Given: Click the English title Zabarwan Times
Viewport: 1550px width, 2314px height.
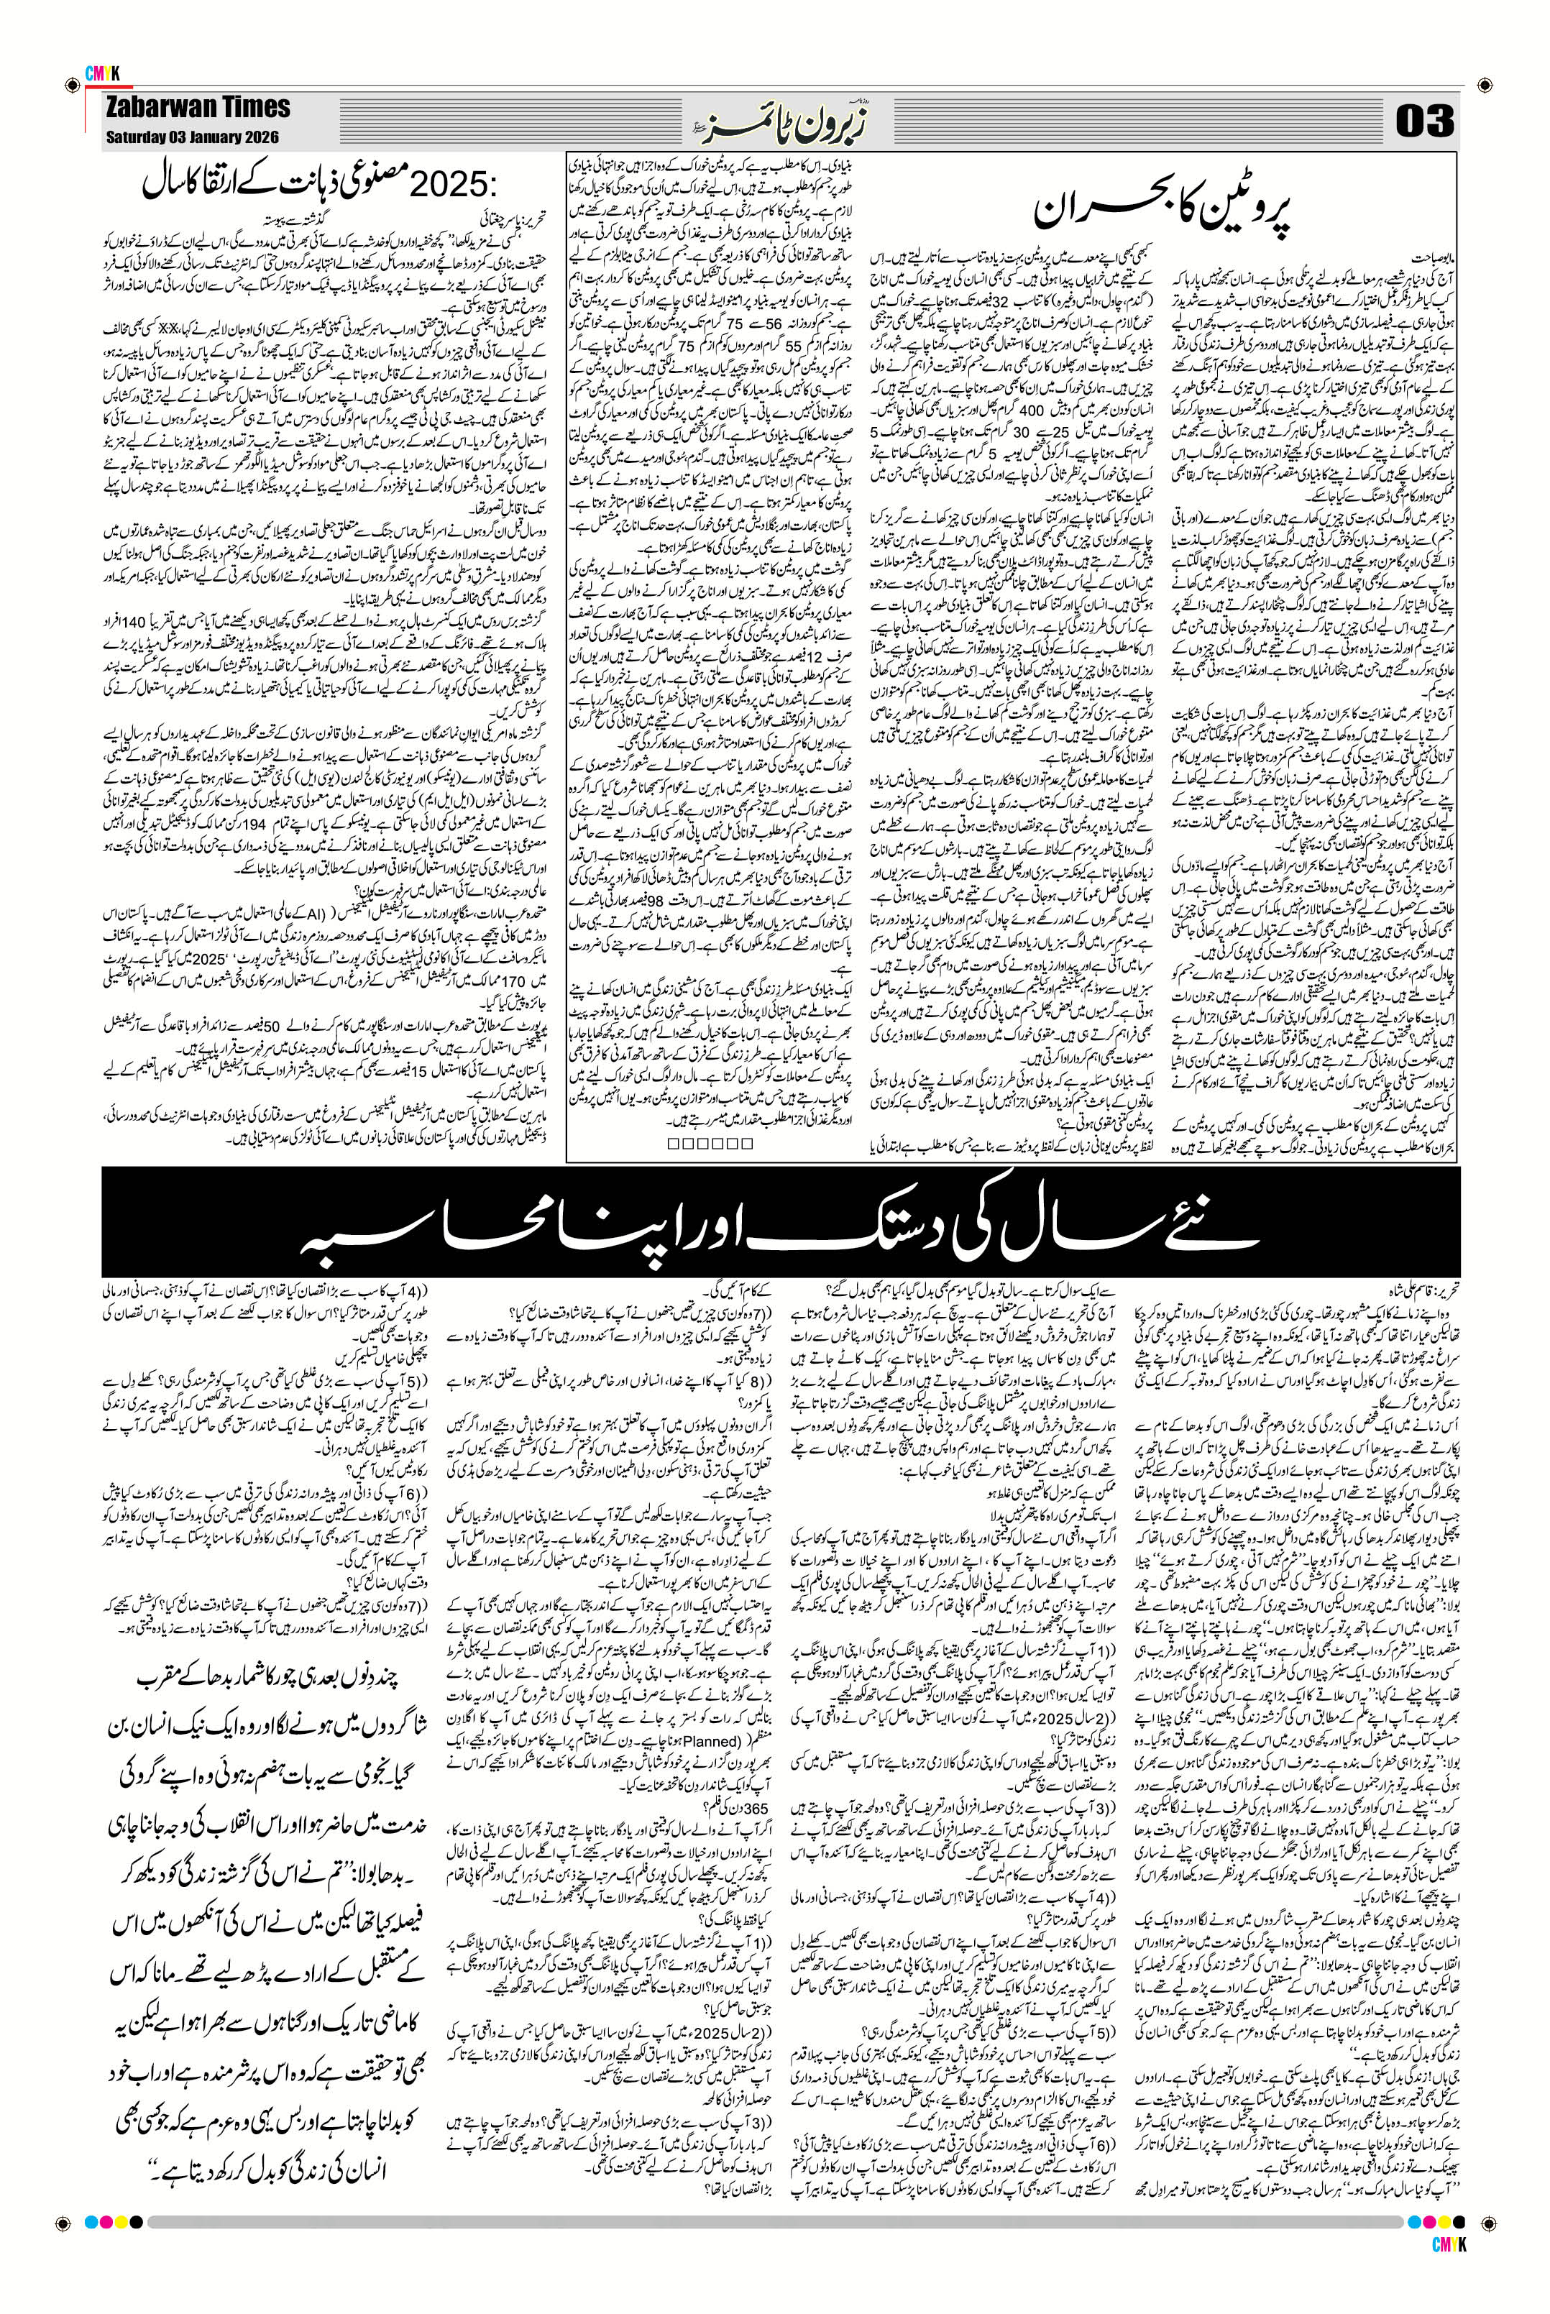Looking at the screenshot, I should [x=198, y=107].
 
